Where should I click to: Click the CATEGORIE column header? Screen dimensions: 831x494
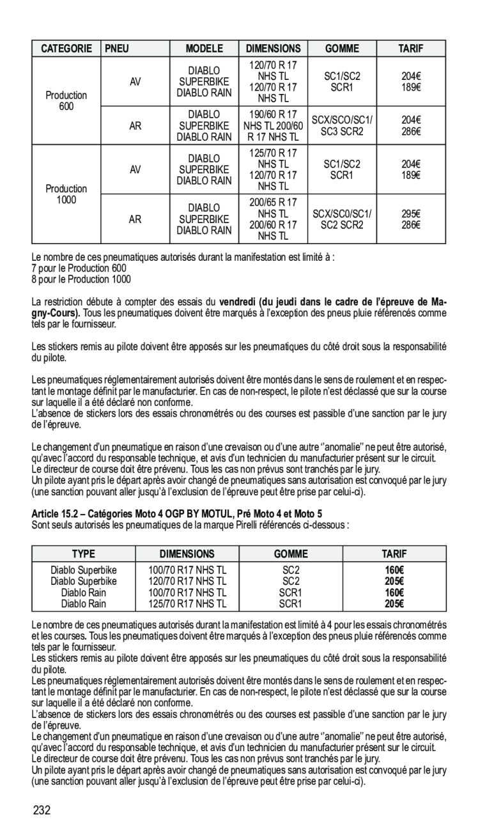[x=66, y=48]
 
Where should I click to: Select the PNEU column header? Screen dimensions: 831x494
[x=118, y=48]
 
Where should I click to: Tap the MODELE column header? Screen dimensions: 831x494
[x=205, y=48]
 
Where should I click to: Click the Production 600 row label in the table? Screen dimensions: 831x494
[x=66, y=100]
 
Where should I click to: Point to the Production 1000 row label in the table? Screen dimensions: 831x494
[x=66, y=194]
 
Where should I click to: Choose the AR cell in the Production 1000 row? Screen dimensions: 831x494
[x=135, y=219]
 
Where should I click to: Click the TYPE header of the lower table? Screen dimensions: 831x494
[x=83, y=554]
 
